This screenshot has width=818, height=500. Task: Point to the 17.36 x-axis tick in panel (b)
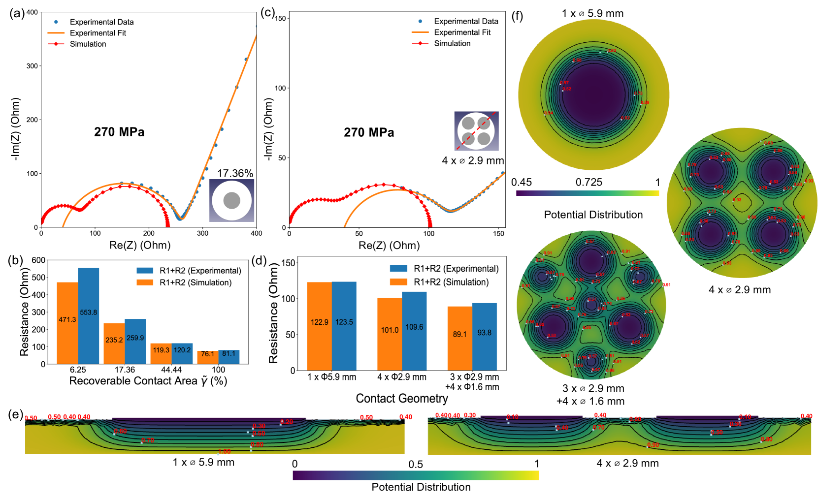[125, 370]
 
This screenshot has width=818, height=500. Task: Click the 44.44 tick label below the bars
[171, 370]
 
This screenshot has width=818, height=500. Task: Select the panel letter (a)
[17, 13]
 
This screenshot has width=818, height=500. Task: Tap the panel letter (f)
[517, 16]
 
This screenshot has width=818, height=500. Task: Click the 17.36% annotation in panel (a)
[235, 173]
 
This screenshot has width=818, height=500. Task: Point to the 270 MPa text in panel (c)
[369, 132]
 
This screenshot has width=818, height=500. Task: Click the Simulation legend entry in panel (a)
[88, 44]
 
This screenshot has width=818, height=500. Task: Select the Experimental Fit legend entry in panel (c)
[462, 32]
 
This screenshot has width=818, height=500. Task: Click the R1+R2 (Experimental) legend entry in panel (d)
[456, 269]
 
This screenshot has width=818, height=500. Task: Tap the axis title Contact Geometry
[402, 398]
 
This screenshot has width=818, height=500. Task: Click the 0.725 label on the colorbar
[589, 183]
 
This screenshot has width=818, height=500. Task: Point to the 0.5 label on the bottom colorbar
[415, 465]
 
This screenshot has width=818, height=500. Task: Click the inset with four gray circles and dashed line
[476, 131]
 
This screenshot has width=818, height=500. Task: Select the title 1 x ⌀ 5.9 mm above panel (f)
[592, 13]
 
